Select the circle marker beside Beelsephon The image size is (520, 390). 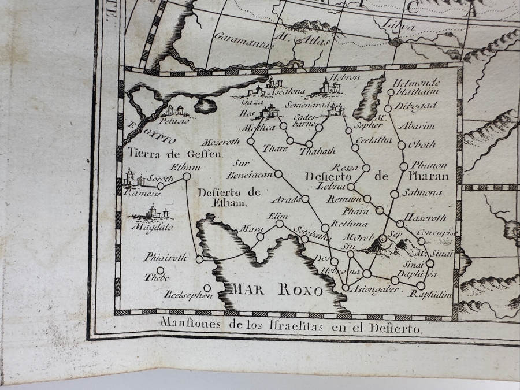(x=207, y=287)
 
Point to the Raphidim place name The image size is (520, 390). (x=429, y=294)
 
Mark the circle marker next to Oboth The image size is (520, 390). (x=402, y=146)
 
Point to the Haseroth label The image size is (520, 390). (x=426, y=219)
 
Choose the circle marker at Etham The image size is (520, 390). (x=187, y=177)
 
